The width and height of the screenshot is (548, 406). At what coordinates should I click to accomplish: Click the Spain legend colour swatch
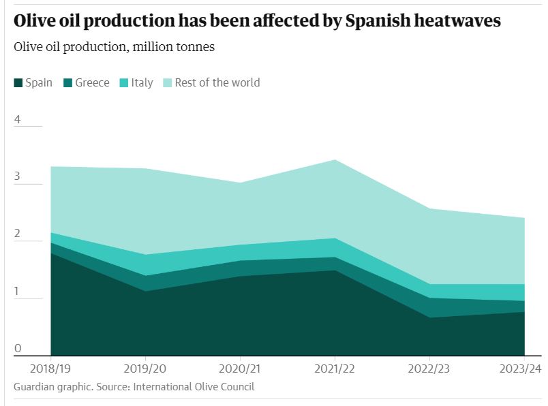coord(18,83)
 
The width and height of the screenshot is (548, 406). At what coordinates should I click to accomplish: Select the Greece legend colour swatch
coord(67,83)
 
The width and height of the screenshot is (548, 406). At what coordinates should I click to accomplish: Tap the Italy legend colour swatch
coord(123,83)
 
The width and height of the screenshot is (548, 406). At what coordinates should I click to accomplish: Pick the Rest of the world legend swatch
coord(167,83)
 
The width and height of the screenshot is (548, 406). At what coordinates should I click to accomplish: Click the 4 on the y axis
coord(18,120)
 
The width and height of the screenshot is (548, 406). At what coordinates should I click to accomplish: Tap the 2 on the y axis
coord(18,234)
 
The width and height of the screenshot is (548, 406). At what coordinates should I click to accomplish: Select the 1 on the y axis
coord(18,292)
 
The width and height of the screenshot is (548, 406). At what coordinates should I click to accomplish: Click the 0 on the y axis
coord(18,349)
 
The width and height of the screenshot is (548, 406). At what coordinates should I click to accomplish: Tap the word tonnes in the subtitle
coord(196,48)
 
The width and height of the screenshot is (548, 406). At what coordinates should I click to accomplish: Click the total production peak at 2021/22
coord(335,160)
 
